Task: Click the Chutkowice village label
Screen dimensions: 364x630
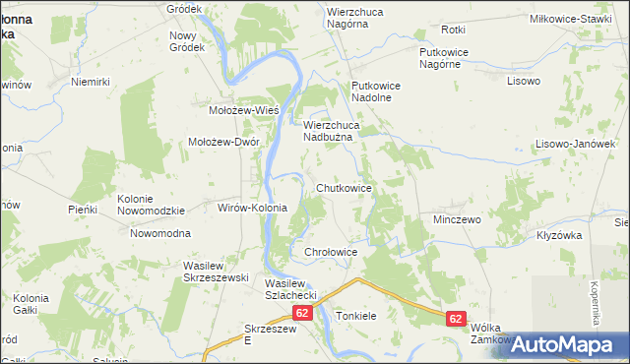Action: pos(343,187)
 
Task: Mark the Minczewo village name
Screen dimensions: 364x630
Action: pos(457,219)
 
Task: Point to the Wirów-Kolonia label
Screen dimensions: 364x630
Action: pos(251,209)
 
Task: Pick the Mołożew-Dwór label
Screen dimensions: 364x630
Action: pos(223,142)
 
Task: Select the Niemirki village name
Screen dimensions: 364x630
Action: pos(89,82)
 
